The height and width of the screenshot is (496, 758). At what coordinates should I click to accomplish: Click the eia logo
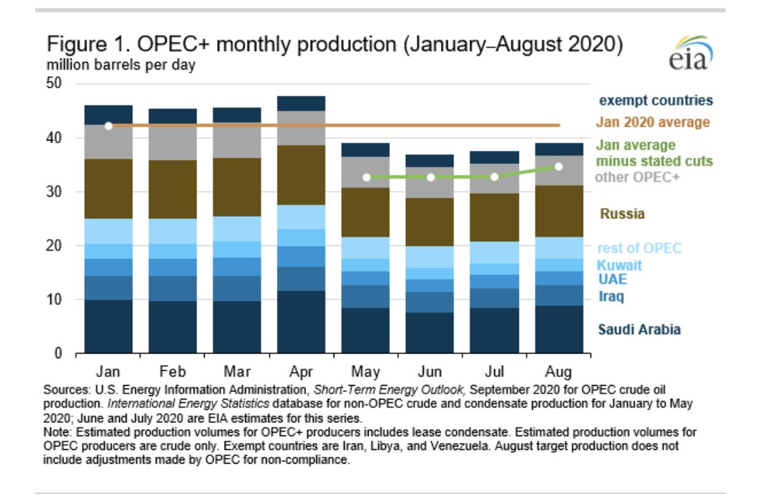[690, 53]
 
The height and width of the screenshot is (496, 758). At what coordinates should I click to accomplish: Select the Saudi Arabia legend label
[640, 329]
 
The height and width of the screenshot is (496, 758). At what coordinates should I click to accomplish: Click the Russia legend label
[622, 214]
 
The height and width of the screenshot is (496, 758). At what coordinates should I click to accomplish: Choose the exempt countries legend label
[655, 101]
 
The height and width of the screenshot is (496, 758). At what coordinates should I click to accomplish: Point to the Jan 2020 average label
[652, 123]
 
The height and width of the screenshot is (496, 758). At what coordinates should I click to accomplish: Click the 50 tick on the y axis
[54, 84]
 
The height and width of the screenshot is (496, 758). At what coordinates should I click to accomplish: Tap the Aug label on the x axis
[557, 372]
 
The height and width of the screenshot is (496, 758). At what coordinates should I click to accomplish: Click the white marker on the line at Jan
[108, 125]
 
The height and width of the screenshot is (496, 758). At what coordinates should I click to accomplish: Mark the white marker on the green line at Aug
[558, 167]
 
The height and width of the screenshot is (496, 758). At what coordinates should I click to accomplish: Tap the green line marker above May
[367, 177]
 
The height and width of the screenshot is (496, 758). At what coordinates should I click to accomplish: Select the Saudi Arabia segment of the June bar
[430, 333]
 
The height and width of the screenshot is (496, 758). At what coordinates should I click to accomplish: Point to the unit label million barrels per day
[121, 66]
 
